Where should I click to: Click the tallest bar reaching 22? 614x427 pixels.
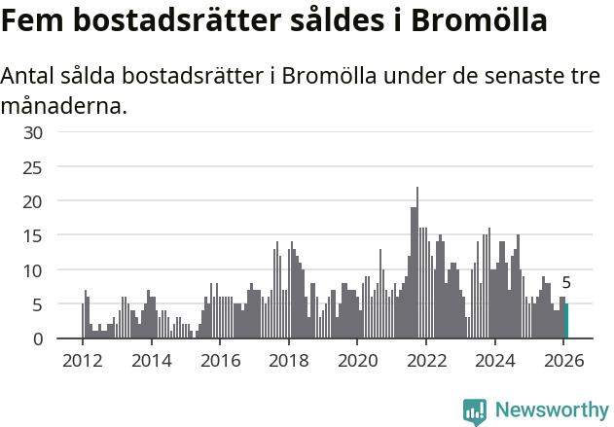point(417,264)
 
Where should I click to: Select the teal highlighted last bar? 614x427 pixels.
point(566,321)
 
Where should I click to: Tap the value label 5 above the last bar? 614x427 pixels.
point(566,284)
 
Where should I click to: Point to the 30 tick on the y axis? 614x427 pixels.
point(33,132)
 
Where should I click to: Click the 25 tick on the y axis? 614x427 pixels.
point(33,167)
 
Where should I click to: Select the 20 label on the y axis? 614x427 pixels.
point(33,201)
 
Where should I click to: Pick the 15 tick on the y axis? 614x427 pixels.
point(33,235)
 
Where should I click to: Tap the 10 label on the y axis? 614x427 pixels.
point(33,270)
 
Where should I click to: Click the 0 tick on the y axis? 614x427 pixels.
point(38,338)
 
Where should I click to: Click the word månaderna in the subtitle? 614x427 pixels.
point(64,105)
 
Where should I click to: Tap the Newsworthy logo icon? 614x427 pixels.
point(474,411)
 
